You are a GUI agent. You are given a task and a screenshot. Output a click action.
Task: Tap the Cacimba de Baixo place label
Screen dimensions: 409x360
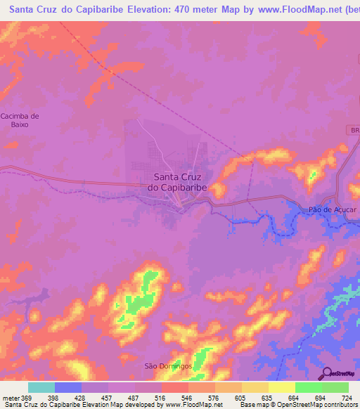(19, 120)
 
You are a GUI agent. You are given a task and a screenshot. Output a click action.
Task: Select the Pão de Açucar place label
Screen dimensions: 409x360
(329, 209)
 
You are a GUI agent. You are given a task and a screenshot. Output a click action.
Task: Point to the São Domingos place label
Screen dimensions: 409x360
(167, 366)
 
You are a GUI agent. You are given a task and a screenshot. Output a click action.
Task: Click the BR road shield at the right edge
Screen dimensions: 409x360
(354, 131)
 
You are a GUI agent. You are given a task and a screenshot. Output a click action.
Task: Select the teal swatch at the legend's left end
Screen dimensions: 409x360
(41, 387)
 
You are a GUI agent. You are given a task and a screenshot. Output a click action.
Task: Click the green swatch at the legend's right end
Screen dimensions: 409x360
(335, 387)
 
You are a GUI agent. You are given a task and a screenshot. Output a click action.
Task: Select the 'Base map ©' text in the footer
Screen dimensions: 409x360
(257, 405)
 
